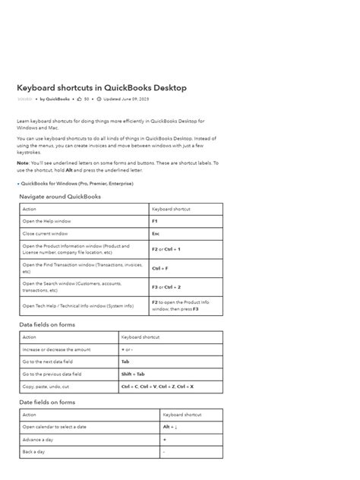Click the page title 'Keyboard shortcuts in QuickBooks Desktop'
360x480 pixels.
[102, 88]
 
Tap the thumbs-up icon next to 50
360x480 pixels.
[79, 99]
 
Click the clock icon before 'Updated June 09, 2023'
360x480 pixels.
[99, 99]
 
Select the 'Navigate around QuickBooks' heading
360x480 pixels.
[60, 197]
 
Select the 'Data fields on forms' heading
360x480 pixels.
[47, 324]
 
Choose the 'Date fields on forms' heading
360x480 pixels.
[47, 403]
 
